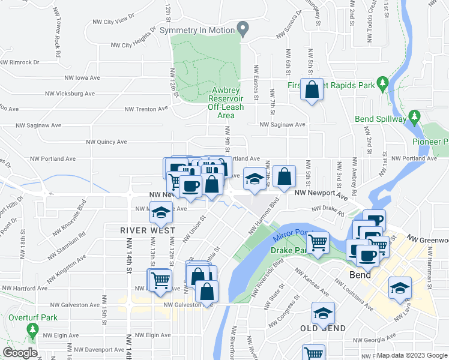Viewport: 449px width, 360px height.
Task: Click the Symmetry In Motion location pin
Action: click(x=243, y=28)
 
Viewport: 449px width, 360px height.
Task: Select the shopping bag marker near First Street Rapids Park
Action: click(x=312, y=91)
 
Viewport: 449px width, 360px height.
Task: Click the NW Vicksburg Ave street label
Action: click(x=71, y=94)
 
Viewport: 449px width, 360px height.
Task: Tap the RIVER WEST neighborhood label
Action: click(x=147, y=230)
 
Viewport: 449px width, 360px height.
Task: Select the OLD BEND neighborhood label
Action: click(x=323, y=329)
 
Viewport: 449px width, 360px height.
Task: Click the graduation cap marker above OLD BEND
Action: click(x=323, y=313)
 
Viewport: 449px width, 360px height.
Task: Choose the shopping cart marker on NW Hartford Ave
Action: click(x=160, y=280)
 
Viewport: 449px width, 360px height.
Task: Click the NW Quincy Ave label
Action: click(x=107, y=142)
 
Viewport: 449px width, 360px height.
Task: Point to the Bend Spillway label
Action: click(x=381, y=119)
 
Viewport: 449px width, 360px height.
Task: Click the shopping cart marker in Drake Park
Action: click(x=318, y=242)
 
